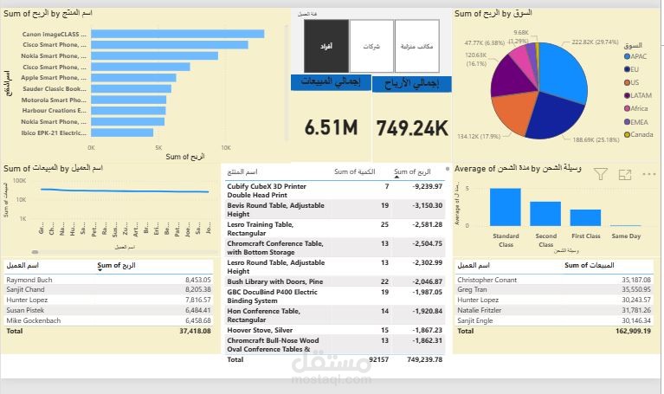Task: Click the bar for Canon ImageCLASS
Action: click(177, 34)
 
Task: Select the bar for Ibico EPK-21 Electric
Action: click(121, 132)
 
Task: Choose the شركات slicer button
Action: click(371, 45)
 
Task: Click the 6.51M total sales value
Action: click(331, 128)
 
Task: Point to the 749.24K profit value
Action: click(412, 128)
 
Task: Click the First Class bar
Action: click(585, 217)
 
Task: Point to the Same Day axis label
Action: click(625, 236)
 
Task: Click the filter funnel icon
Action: click(600, 174)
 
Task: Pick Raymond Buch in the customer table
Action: click(29, 280)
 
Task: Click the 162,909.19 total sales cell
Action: click(629, 330)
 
